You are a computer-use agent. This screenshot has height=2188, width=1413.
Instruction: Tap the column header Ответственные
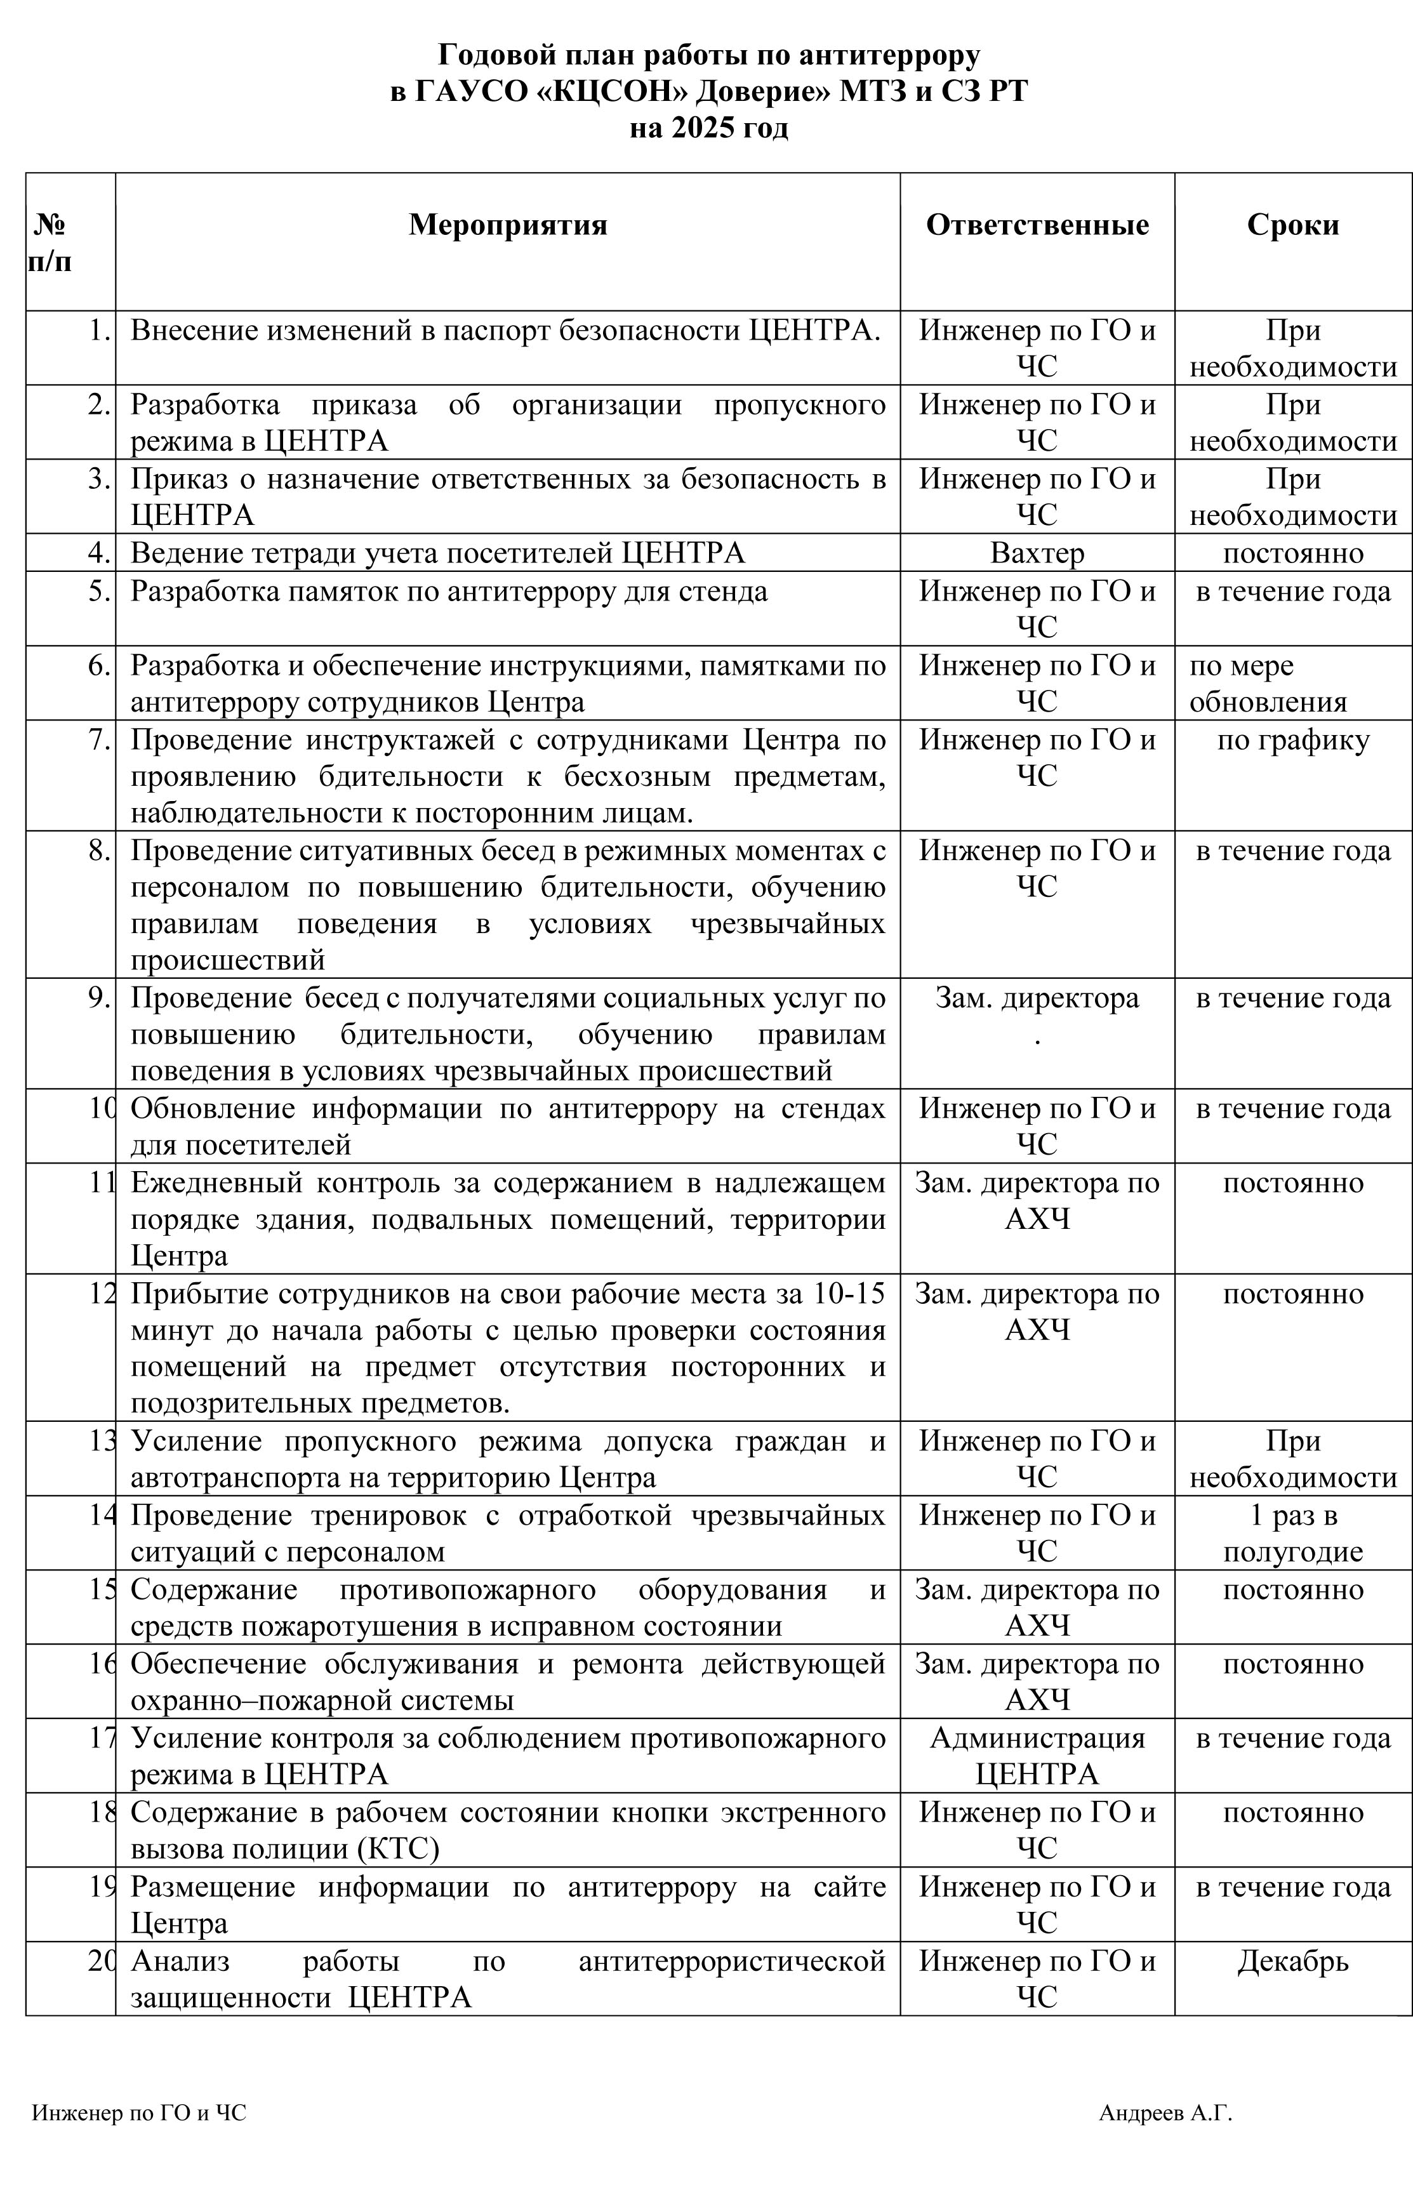pos(1037,225)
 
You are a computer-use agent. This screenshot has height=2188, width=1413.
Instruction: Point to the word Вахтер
pos(1037,554)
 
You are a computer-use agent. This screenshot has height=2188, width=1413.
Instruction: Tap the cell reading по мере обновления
pos(1268,684)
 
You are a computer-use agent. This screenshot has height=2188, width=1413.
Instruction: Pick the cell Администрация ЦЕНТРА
pos(1037,1756)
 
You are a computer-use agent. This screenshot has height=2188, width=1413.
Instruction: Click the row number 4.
pos(100,554)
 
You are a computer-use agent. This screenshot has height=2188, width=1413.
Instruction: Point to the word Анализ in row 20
pos(180,1961)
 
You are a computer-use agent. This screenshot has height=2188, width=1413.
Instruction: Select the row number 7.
pos(100,740)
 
